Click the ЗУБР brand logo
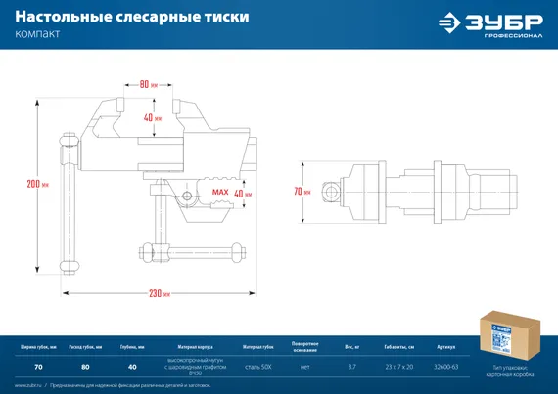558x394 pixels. (x=489, y=23)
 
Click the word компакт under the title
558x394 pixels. (x=37, y=36)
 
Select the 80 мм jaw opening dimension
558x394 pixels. (x=148, y=84)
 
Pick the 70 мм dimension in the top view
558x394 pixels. (x=302, y=191)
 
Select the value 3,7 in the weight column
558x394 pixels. (x=351, y=367)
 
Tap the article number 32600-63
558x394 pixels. (x=446, y=367)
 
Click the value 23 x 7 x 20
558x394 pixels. (x=398, y=367)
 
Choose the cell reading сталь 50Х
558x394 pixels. (x=258, y=367)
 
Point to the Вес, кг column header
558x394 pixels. (x=351, y=347)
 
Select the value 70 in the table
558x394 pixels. (x=38, y=367)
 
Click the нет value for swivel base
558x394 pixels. (x=304, y=367)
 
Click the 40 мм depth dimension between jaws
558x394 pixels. (x=150, y=118)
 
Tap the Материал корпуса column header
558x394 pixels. (x=196, y=347)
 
